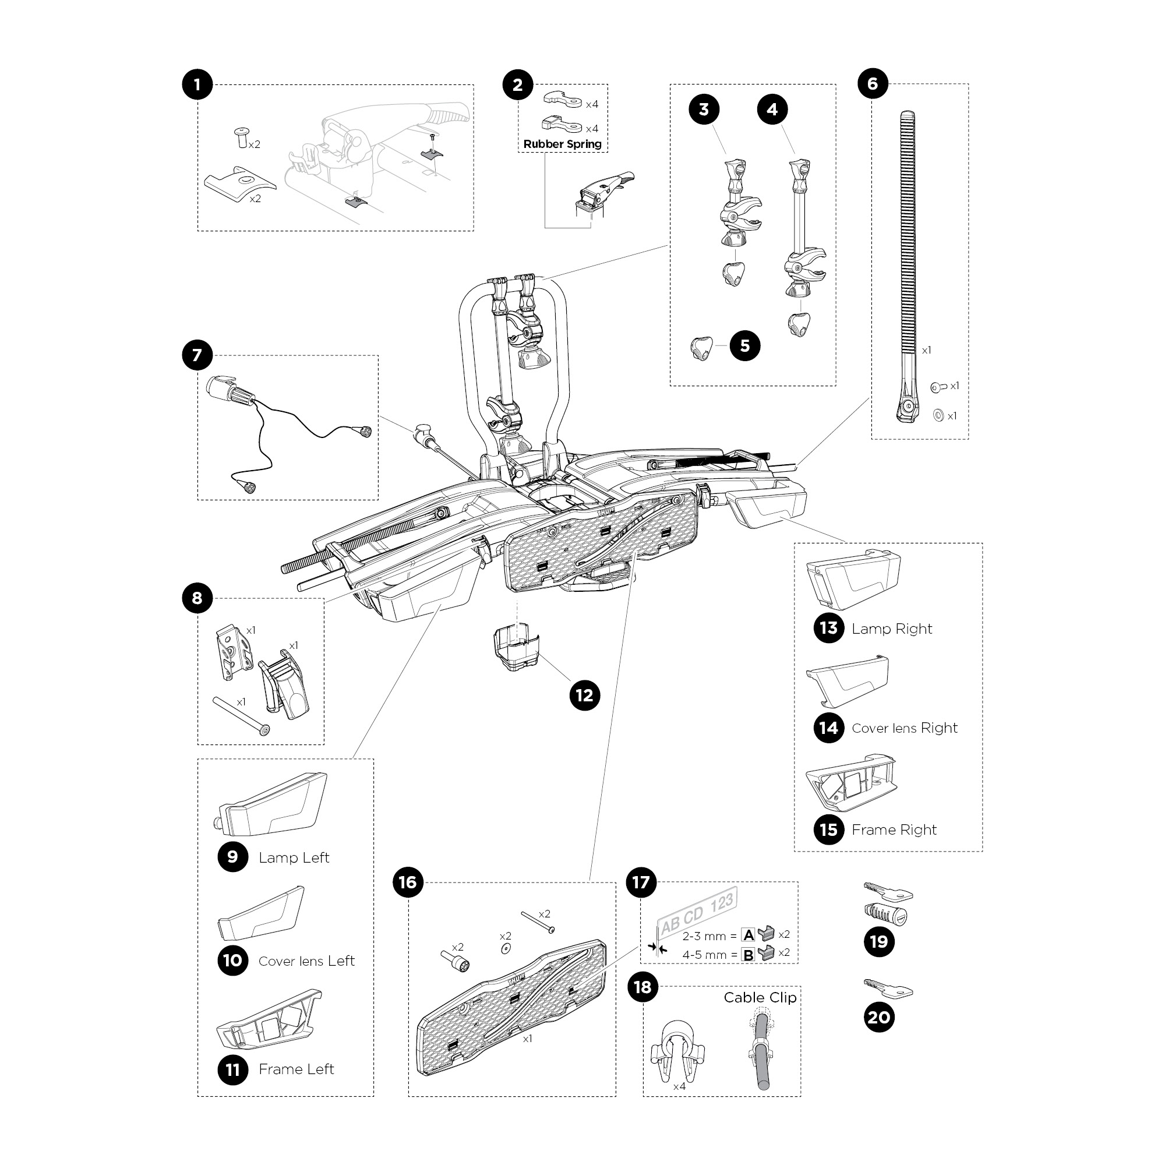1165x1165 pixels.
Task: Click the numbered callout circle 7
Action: click(197, 356)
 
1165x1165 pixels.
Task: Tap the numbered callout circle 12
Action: click(584, 696)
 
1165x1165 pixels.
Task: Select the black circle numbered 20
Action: click(878, 1017)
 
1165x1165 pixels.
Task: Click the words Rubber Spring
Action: click(562, 144)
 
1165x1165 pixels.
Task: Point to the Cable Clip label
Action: click(760, 997)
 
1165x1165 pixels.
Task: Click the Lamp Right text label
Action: click(891, 629)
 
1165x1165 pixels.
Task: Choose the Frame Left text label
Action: click(296, 1069)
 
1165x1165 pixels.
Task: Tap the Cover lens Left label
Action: click(306, 961)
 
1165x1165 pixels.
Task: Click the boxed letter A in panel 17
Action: click(749, 935)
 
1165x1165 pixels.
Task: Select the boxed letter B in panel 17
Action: click(749, 955)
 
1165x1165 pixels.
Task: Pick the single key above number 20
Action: click(888, 989)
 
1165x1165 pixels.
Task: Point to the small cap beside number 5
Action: click(701, 348)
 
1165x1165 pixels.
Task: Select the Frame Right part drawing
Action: click(851, 782)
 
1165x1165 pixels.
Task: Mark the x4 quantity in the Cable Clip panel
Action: click(679, 1086)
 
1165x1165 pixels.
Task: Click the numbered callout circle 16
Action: click(408, 882)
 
